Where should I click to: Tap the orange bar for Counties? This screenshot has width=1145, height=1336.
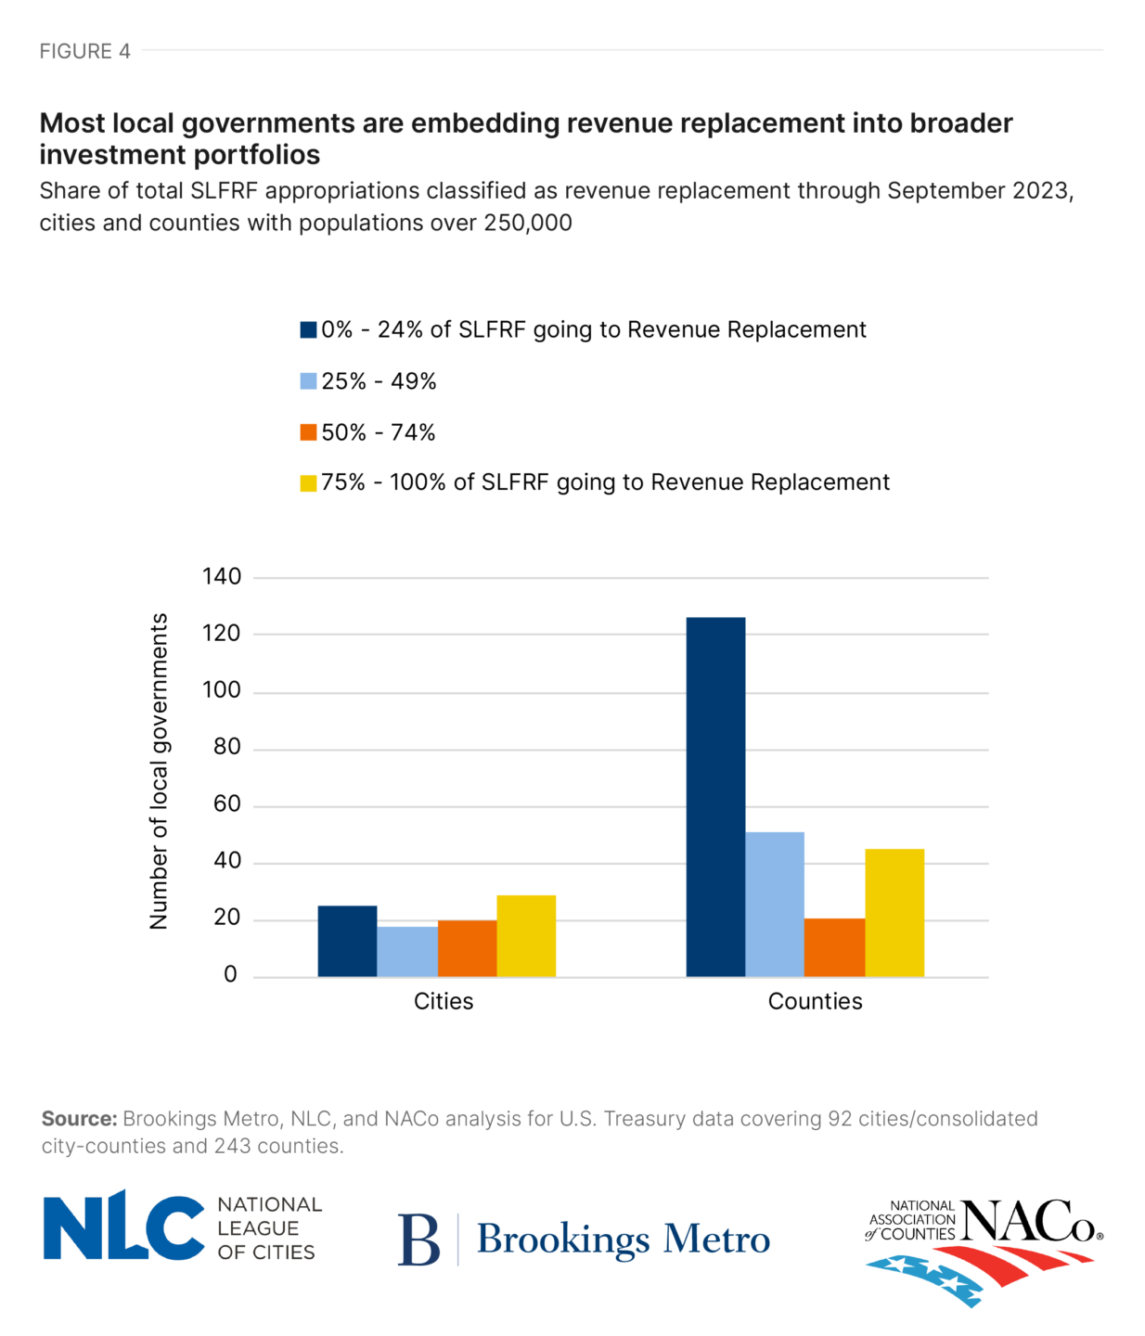tap(834, 947)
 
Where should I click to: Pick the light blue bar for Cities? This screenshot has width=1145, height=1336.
tap(407, 951)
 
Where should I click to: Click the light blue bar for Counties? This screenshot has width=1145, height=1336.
tap(775, 904)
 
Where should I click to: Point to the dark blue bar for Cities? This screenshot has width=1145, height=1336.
tap(347, 941)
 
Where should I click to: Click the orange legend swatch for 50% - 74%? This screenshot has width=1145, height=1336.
tap(308, 432)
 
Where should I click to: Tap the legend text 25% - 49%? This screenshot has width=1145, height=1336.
tap(379, 381)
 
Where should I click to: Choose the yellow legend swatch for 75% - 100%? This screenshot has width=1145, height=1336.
tap(308, 483)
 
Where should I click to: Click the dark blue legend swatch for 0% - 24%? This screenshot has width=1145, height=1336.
tap(308, 330)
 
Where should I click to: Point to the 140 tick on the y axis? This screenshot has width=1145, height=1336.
tap(222, 577)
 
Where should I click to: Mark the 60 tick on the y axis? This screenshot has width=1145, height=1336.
tap(226, 804)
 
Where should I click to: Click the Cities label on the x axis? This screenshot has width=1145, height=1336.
tap(444, 1001)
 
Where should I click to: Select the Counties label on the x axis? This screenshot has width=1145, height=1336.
tap(815, 1001)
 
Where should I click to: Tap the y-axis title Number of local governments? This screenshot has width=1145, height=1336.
tap(159, 770)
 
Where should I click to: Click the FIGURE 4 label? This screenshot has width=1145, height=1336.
tap(84, 51)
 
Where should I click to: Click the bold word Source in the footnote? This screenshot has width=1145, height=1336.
tap(79, 1119)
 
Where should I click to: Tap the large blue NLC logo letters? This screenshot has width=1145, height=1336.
tap(123, 1227)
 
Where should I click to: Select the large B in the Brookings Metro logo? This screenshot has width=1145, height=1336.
tap(418, 1240)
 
